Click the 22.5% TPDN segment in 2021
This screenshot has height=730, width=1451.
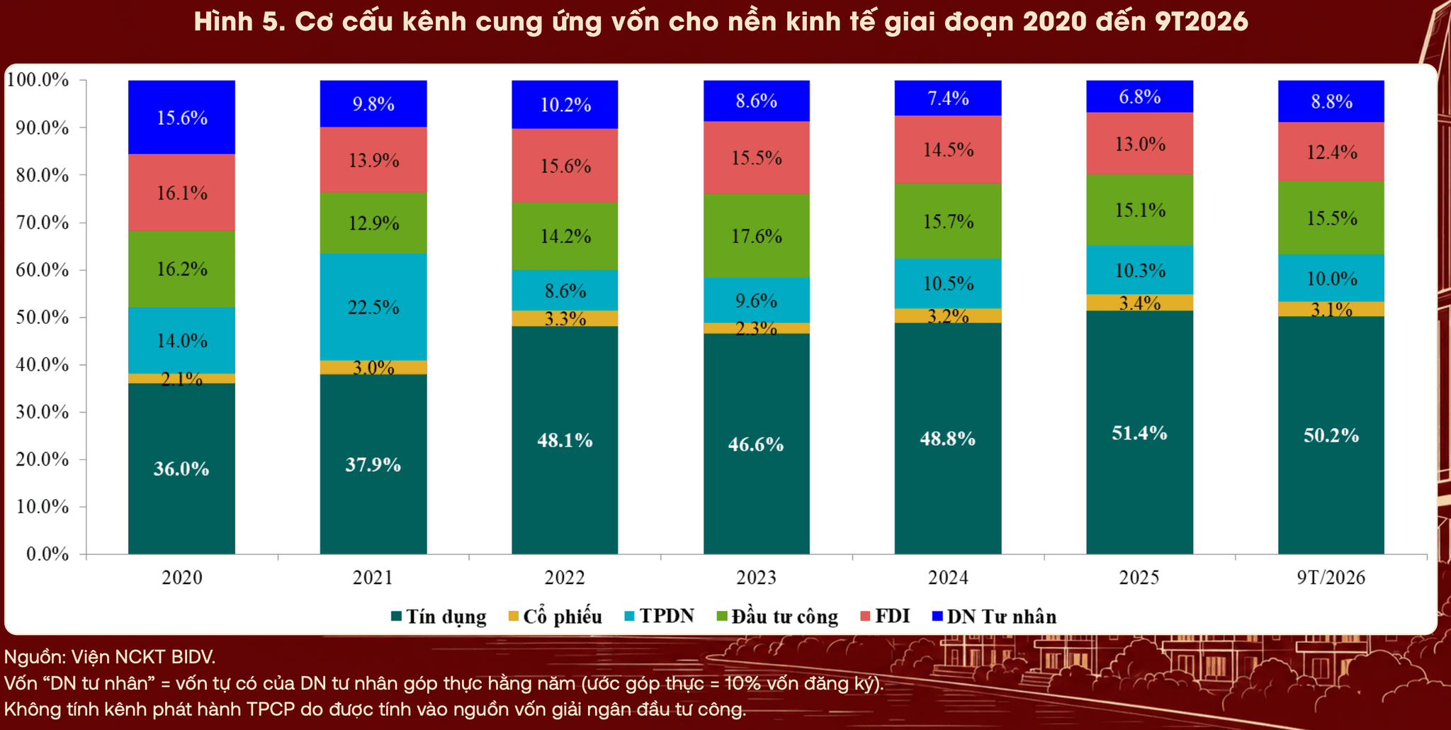[373, 307]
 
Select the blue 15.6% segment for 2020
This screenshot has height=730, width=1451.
[181, 117]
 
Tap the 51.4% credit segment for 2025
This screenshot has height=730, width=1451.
[1139, 432]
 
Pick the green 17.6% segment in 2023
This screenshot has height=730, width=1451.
[756, 236]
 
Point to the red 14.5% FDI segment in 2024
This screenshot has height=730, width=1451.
[948, 150]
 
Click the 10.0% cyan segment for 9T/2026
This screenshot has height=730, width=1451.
[1331, 278]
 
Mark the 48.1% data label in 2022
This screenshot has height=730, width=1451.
[565, 440]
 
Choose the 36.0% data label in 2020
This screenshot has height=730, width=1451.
[181, 468]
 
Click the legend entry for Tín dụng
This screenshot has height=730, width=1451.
[439, 617]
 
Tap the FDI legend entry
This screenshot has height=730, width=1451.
[884, 616]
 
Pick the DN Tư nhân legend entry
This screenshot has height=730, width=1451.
[994, 617]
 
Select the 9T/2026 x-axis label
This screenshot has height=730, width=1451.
[1331, 578]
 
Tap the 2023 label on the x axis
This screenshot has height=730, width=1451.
[756, 578]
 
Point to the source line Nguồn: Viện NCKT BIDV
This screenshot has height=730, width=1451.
[110, 657]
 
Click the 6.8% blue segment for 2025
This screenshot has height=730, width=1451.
[1139, 96]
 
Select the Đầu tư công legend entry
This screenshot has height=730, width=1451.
[778, 617]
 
